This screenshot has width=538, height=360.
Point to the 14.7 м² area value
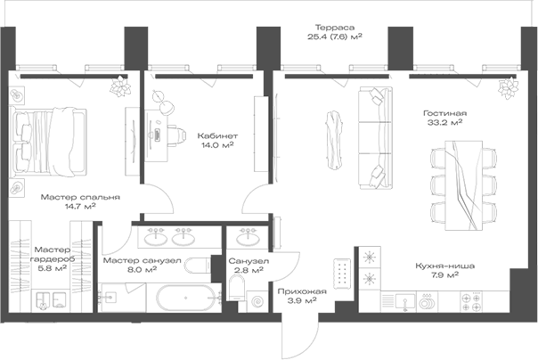point(80,207)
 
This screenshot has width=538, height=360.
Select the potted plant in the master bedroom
point(118,87)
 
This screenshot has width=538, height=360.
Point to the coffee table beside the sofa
point(335,138)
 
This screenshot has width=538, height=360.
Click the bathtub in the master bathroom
point(178,296)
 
